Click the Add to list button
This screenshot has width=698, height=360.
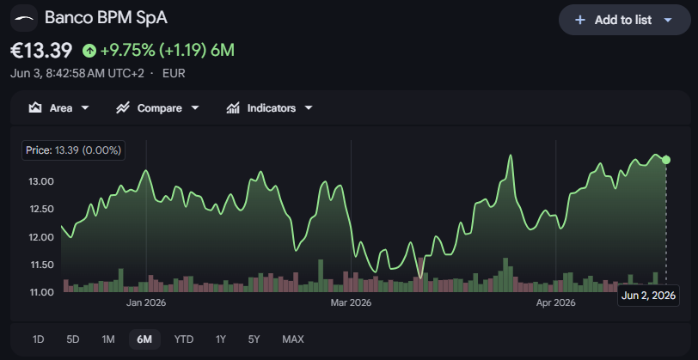coord(625,20)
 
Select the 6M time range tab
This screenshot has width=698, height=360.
coord(144,339)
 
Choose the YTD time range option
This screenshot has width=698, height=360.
coord(184,339)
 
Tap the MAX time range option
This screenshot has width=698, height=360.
coord(293,339)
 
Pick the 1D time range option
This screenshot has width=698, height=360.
coord(39,339)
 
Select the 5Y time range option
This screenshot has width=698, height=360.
coord(254,339)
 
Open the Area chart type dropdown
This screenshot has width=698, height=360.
coord(58,108)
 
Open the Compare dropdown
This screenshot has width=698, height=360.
coord(157,108)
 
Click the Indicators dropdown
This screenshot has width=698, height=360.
coord(270,108)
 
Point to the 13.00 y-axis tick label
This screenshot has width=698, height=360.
coord(41,181)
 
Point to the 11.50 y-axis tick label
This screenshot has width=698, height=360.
coord(41,265)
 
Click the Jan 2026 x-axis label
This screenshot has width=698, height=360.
coord(146,303)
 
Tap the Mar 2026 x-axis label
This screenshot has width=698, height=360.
coord(351,303)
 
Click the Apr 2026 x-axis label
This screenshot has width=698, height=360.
coord(555,303)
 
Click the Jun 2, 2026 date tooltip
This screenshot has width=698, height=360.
coord(649,296)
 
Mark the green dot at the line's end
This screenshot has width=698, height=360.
coord(666,160)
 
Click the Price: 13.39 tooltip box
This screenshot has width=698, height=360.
coord(73,150)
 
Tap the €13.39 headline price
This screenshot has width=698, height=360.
coord(41,51)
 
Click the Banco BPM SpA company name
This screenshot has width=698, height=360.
coord(106,18)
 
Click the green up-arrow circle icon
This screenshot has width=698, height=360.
coord(89,52)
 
